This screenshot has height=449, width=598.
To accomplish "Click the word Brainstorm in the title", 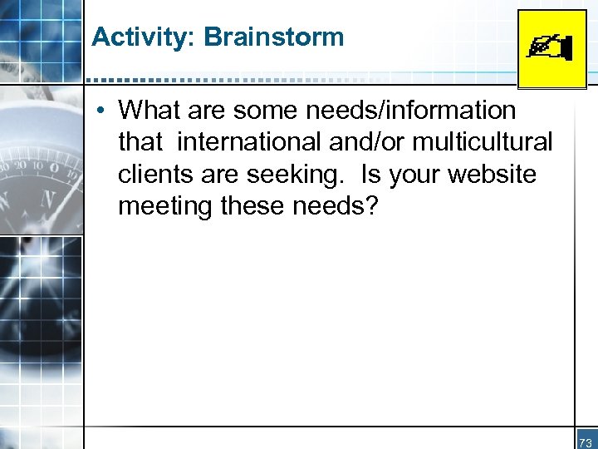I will click(273, 37).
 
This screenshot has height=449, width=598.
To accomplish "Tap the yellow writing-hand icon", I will click(551, 48).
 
